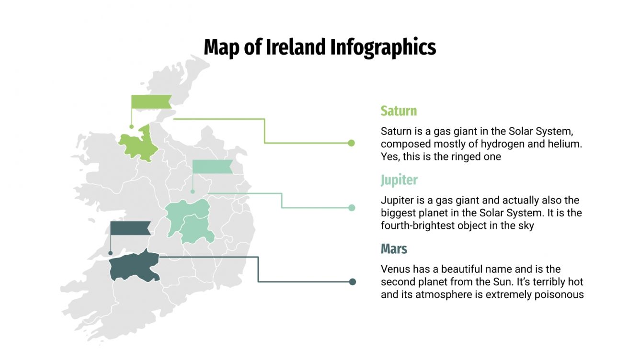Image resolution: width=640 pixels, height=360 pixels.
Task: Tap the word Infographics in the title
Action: (383, 48)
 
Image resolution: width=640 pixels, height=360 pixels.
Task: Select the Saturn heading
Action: (399, 111)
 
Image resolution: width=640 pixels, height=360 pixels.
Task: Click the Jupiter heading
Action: (399, 180)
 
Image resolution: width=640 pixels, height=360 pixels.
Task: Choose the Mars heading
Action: (394, 249)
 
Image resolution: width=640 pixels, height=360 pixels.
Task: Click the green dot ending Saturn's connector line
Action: (351, 143)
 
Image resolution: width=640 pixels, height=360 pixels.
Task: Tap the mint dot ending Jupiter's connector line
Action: (352, 208)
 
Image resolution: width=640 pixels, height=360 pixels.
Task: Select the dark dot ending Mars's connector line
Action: (353, 281)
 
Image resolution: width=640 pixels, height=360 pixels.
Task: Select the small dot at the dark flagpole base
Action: (111, 253)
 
